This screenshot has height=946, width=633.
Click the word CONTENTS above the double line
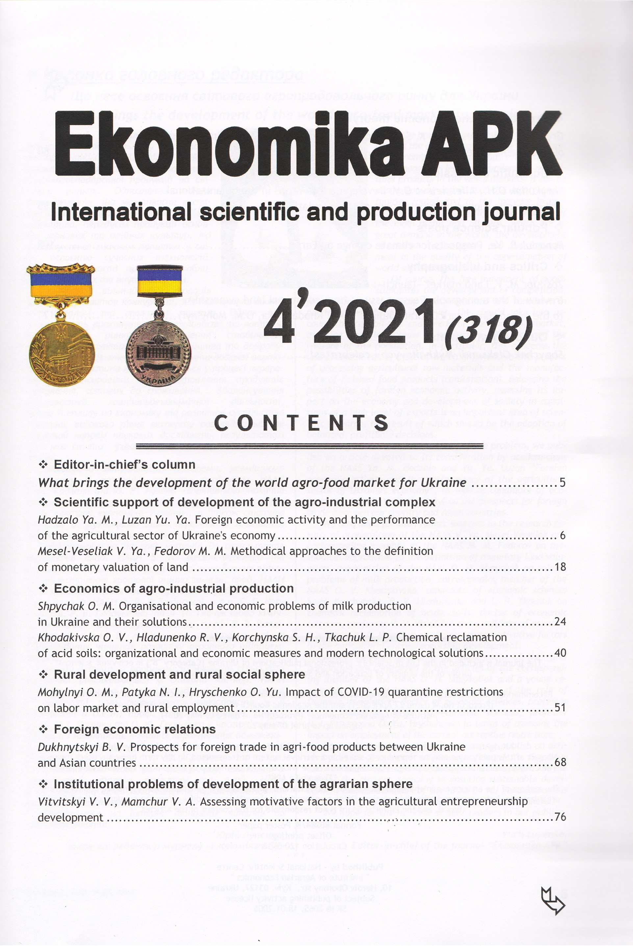[x=301, y=423]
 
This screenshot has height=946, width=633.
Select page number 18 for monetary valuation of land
[x=560, y=567]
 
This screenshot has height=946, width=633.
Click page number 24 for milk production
[x=560, y=622]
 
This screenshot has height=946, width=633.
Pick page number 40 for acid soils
[x=560, y=653]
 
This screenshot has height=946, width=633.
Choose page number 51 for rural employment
[x=560, y=708]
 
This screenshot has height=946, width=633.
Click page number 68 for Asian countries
[x=560, y=762]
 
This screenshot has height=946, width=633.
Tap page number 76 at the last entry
[x=560, y=817]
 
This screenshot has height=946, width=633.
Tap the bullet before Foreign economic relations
[x=43, y=729]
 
